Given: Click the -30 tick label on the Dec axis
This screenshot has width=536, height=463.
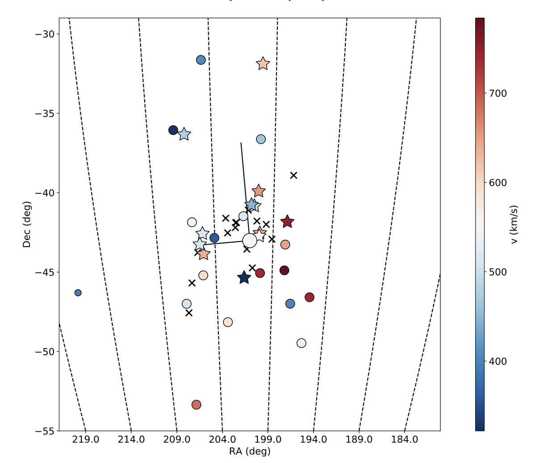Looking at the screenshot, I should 45,34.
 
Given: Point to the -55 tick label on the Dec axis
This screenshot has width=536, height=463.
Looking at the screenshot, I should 45,431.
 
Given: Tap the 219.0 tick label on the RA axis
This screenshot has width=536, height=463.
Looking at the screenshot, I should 85,440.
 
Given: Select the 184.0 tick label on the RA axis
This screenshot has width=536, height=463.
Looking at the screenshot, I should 405,440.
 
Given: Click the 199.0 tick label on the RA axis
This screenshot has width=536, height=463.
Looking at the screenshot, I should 268,440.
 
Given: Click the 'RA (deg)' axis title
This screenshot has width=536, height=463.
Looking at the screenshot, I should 250,451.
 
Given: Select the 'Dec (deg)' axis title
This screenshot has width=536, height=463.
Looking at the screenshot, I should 26,224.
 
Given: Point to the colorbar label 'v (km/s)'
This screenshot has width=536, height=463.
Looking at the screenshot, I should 514,225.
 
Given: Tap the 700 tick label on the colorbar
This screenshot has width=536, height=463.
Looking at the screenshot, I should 498,93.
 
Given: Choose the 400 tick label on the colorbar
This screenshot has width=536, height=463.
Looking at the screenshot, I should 498,361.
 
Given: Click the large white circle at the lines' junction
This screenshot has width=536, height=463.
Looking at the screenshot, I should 250,241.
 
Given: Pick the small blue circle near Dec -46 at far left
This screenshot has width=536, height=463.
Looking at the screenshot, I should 78,293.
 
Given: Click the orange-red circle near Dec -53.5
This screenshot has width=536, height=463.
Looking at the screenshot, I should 196,405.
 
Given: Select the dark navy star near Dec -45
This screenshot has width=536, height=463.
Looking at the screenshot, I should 244,278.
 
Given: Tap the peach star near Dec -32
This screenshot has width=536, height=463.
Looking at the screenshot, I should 263,64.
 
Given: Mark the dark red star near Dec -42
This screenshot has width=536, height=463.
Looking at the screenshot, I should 287,221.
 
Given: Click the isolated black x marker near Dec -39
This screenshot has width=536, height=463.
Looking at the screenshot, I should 293,175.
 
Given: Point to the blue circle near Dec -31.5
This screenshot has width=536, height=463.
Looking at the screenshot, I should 201,60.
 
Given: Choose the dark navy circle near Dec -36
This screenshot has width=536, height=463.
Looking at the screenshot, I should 173,130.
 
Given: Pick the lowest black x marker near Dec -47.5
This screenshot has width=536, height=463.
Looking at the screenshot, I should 189,313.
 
